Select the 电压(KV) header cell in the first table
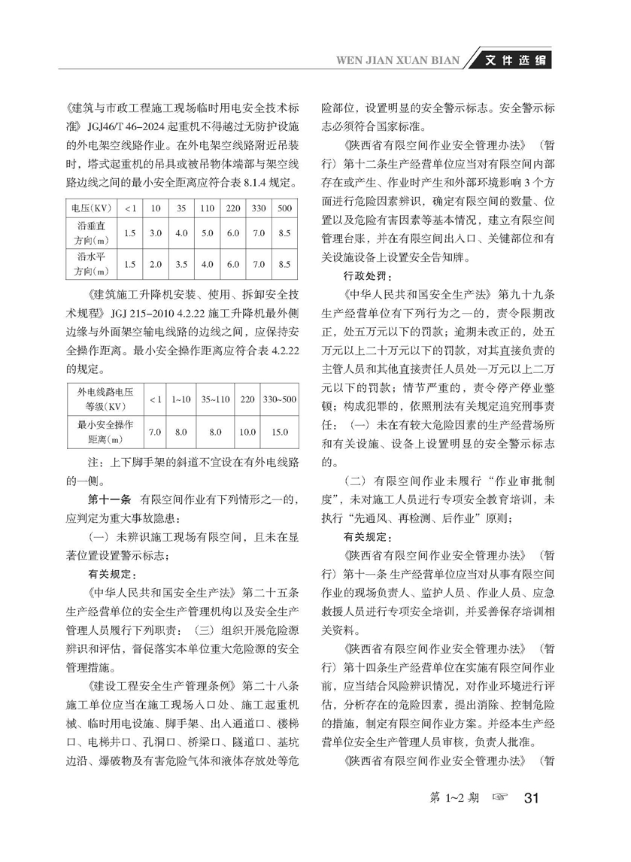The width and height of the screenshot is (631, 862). click(x=88, y=208)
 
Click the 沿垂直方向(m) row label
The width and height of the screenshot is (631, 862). click(x=88, y=234)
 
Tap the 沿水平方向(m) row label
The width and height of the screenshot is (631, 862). click(x=88, y=264)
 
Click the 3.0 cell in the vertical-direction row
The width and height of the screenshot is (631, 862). click(x=156, y=234)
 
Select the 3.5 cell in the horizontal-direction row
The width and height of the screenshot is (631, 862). click(x=181, y=264)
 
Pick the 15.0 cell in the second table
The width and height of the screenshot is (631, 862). click(x=279, y=432)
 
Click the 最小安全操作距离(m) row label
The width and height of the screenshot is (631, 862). click(x=100, y=432)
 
